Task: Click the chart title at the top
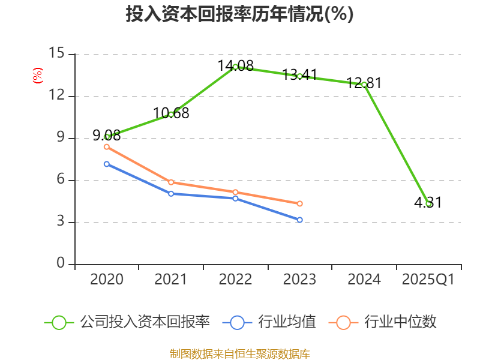239,14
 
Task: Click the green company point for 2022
235,67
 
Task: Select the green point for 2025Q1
428,203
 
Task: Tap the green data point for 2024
364,85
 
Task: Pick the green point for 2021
171,114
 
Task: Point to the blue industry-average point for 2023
299,220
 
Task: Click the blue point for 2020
107,164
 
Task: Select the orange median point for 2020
107,146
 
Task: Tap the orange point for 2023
299,203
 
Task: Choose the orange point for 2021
171,182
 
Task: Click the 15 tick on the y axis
56,54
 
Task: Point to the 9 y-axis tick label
60,138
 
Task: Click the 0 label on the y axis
60,264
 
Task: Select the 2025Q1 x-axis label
428,280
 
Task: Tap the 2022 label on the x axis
235,280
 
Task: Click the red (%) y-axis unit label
38,76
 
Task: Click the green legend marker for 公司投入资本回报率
59,322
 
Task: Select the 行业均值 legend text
287,322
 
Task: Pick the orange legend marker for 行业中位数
343,322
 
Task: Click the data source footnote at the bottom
239,353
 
